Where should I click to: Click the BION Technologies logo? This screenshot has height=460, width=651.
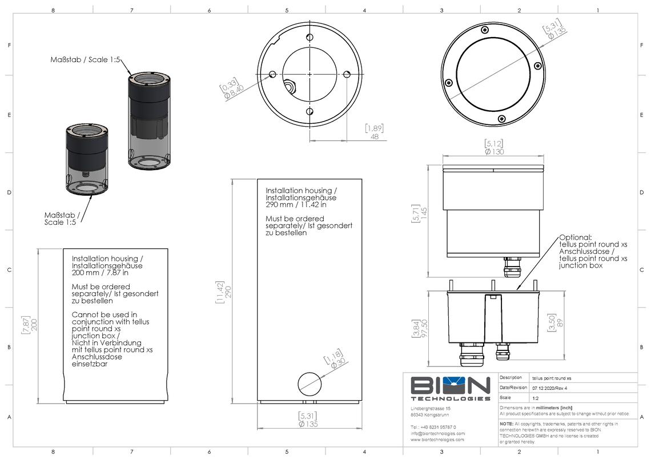(450, 389)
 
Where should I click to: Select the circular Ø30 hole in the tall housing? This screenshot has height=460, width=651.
(310, 382)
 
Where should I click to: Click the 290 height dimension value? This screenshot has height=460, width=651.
(228, 291)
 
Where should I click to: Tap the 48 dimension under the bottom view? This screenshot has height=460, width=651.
(375, 136)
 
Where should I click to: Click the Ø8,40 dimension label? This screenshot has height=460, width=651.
(234, 91)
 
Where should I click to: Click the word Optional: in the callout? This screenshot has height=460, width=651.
(576, 237)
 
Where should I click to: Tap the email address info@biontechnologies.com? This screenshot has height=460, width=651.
(437, 433)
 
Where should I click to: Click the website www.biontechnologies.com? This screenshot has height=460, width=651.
(437, 440)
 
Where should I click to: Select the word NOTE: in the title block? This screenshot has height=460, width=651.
(507, 424)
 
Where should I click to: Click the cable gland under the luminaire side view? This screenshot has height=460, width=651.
(510, 266)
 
